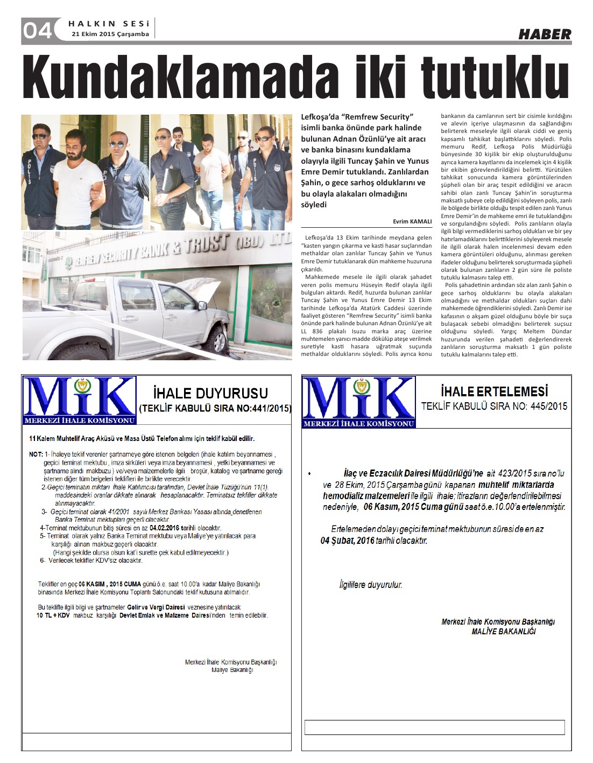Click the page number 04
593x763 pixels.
pos(37,30)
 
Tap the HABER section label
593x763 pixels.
pos(545,34)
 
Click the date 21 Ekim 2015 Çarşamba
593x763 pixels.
pos(110,34)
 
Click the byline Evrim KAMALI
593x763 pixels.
pos(412,221)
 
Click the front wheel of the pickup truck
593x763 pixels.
pos(215,340)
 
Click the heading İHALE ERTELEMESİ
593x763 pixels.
pos(494,391)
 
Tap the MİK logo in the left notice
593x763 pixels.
pos(79,401)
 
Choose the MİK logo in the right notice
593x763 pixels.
pos(358,402)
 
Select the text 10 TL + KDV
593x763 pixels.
pos(53,615)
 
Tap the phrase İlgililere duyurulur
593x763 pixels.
pos(370,584)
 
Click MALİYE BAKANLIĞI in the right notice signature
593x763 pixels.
pos(503,631)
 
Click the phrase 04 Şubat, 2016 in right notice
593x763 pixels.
pos(348,540)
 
